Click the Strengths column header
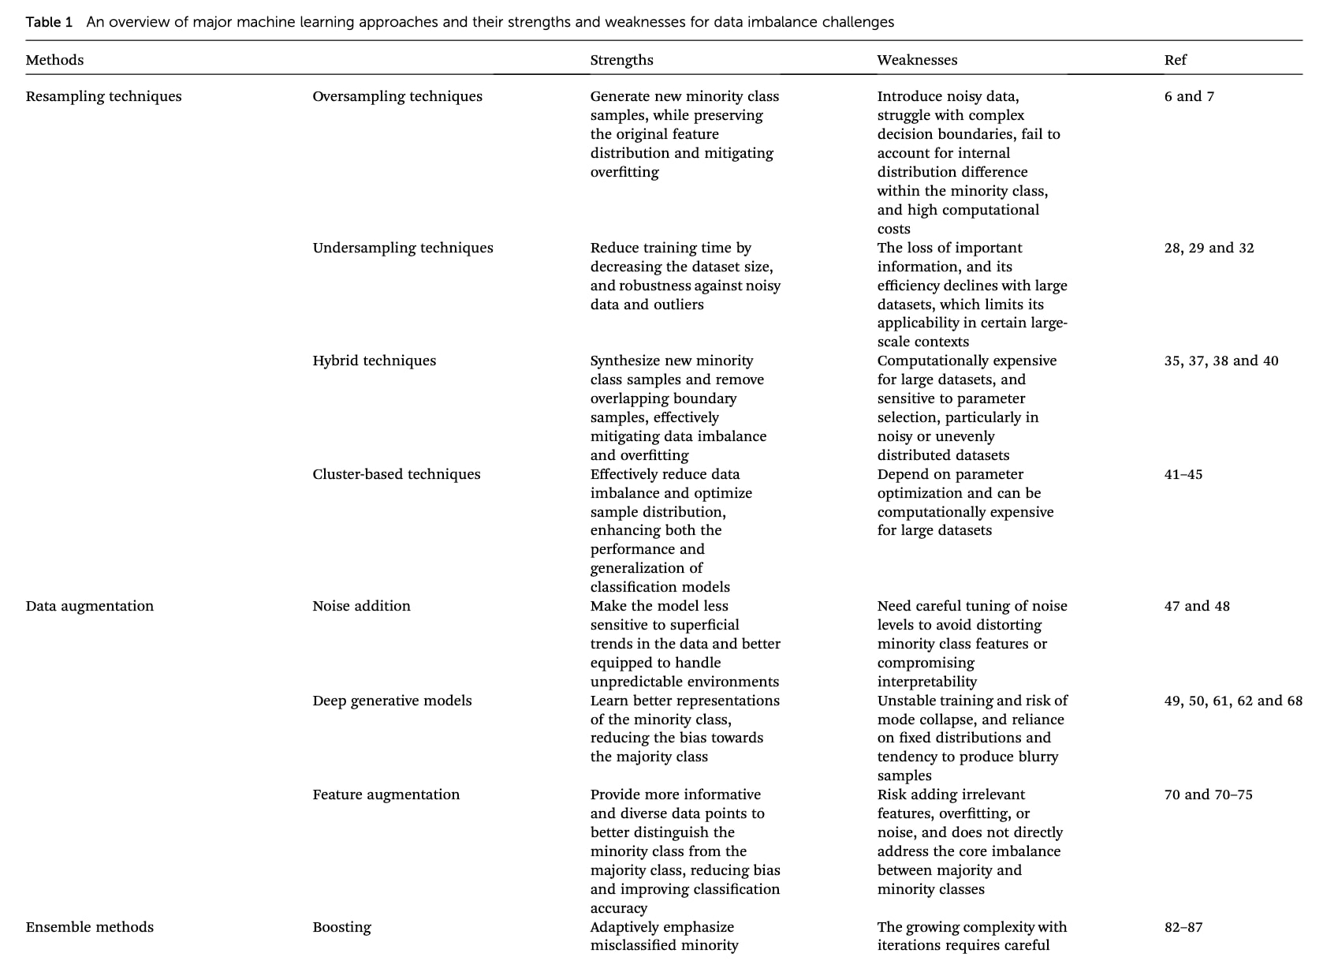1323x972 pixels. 621,60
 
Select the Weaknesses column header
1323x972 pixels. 917,60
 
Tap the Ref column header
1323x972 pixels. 1175,60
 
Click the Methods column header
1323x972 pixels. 54,60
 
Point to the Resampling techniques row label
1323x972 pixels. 103,96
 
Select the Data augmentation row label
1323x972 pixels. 89,606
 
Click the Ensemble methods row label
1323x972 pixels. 89,927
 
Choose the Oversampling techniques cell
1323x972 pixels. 397,96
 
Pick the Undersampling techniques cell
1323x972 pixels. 402,248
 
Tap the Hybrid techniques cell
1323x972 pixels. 374,361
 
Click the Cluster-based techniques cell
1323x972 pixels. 396,474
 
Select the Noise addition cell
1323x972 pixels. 361,606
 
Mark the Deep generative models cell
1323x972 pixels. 392,701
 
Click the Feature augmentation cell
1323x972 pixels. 386,794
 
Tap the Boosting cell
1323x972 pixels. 341,927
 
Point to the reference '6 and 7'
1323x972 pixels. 1189,96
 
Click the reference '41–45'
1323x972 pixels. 1183,474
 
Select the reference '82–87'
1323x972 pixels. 1183,927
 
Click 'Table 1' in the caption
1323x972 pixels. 49,22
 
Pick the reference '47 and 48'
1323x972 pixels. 1196,606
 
